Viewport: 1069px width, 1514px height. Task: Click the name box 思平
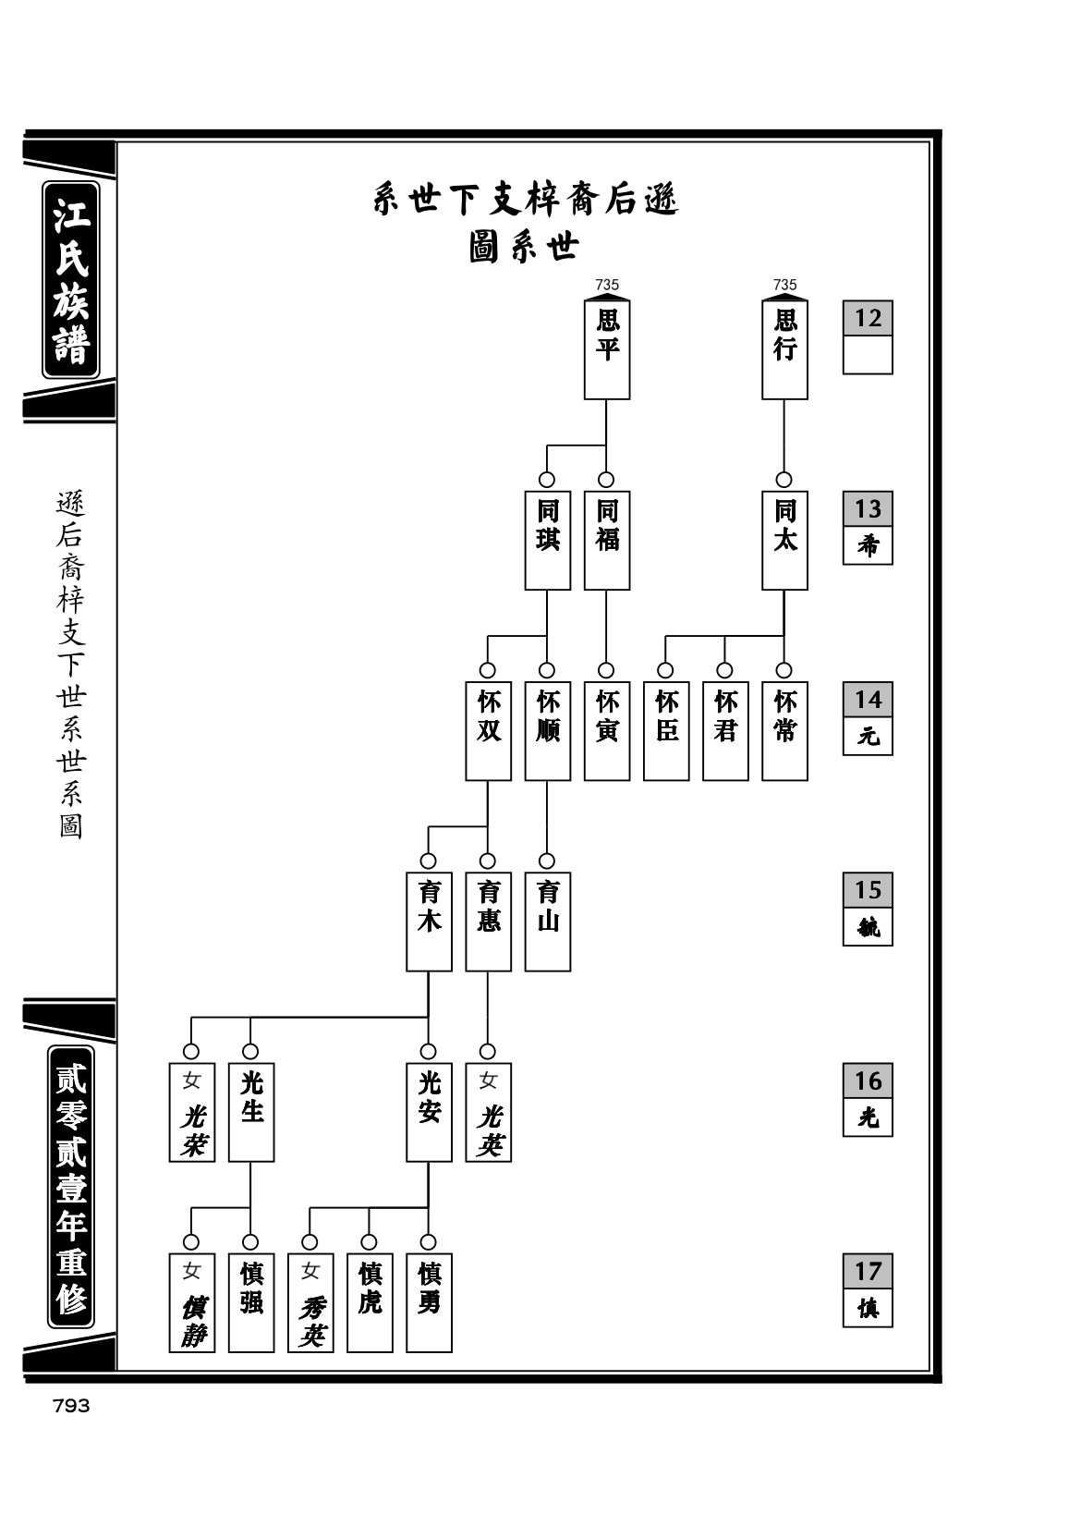click(607, 349)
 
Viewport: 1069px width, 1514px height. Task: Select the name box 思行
click(784, 349)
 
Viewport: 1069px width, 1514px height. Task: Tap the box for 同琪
click(547, 541)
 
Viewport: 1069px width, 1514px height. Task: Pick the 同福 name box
click(607, 541)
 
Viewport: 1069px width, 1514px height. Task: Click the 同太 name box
click(784, 541)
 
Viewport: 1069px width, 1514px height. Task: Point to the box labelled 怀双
click(488, 731)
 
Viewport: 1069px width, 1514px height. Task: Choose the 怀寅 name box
click(607, 731)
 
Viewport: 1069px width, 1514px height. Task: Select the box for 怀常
click(784, 731)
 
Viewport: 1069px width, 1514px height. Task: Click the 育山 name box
click(547, 922)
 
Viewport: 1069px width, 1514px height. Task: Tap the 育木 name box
click(429, 922)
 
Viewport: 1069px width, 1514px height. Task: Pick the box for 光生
click(250, 1113)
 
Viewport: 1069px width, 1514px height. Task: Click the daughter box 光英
click(488, 1113)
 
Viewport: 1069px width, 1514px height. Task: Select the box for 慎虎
click(370, 1303)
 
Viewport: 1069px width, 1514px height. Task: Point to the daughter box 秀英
click(310, 1303)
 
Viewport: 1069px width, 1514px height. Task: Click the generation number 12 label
click(868, 318)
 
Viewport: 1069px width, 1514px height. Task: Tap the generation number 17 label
click(868, 1271)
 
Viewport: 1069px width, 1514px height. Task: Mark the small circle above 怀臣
click(665, 670)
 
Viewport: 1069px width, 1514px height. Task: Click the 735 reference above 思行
click(784, 285)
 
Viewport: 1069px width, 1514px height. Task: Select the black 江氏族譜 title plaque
click(71, 279)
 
